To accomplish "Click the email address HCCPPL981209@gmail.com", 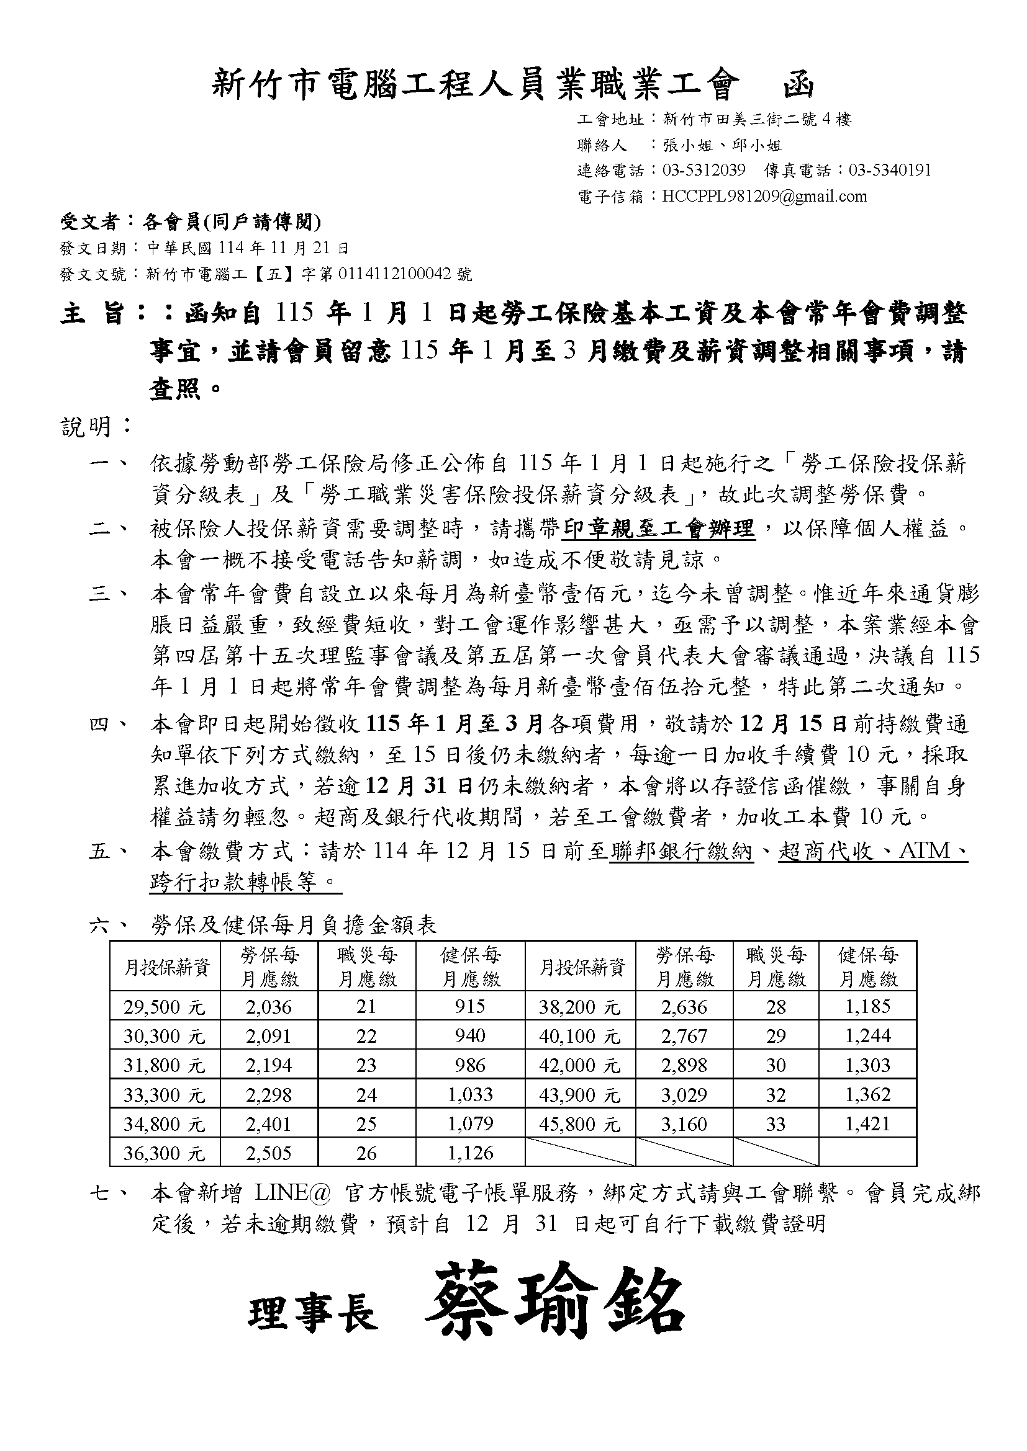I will click(764, 196).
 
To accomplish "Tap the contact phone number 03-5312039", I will click(704, 170).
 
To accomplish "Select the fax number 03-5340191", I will click(889, 170).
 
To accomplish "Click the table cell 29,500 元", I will click(165, 1007).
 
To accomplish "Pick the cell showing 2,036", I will click(269, 1007).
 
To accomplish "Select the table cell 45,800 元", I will click(579, 1123).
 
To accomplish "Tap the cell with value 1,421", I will click(867, 1123).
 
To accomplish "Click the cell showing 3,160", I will click(684, 1123).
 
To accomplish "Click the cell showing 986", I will click(470, 1066).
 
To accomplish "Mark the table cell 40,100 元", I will click(579, 1037).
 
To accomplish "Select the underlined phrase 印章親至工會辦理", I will click(659, 529).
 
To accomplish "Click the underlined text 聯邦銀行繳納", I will click(682, 851).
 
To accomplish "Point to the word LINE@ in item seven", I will click(293, 1193).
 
